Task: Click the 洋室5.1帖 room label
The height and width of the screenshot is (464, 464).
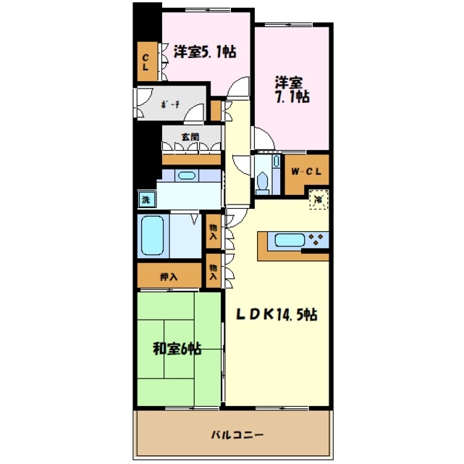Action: point(205,52)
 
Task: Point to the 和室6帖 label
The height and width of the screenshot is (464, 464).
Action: point(176,348)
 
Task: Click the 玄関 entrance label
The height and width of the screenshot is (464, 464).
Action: point(190,136)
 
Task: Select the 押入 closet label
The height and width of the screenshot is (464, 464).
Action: point(168,275)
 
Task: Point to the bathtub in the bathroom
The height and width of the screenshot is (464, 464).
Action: point(152,237)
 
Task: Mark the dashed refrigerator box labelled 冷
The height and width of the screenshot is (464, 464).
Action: point(317,198)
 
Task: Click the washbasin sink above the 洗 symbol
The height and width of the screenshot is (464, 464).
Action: point(185,175)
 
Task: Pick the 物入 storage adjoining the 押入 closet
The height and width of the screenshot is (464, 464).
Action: point(214,272)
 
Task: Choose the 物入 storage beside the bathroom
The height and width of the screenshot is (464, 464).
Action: point(214,231)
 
